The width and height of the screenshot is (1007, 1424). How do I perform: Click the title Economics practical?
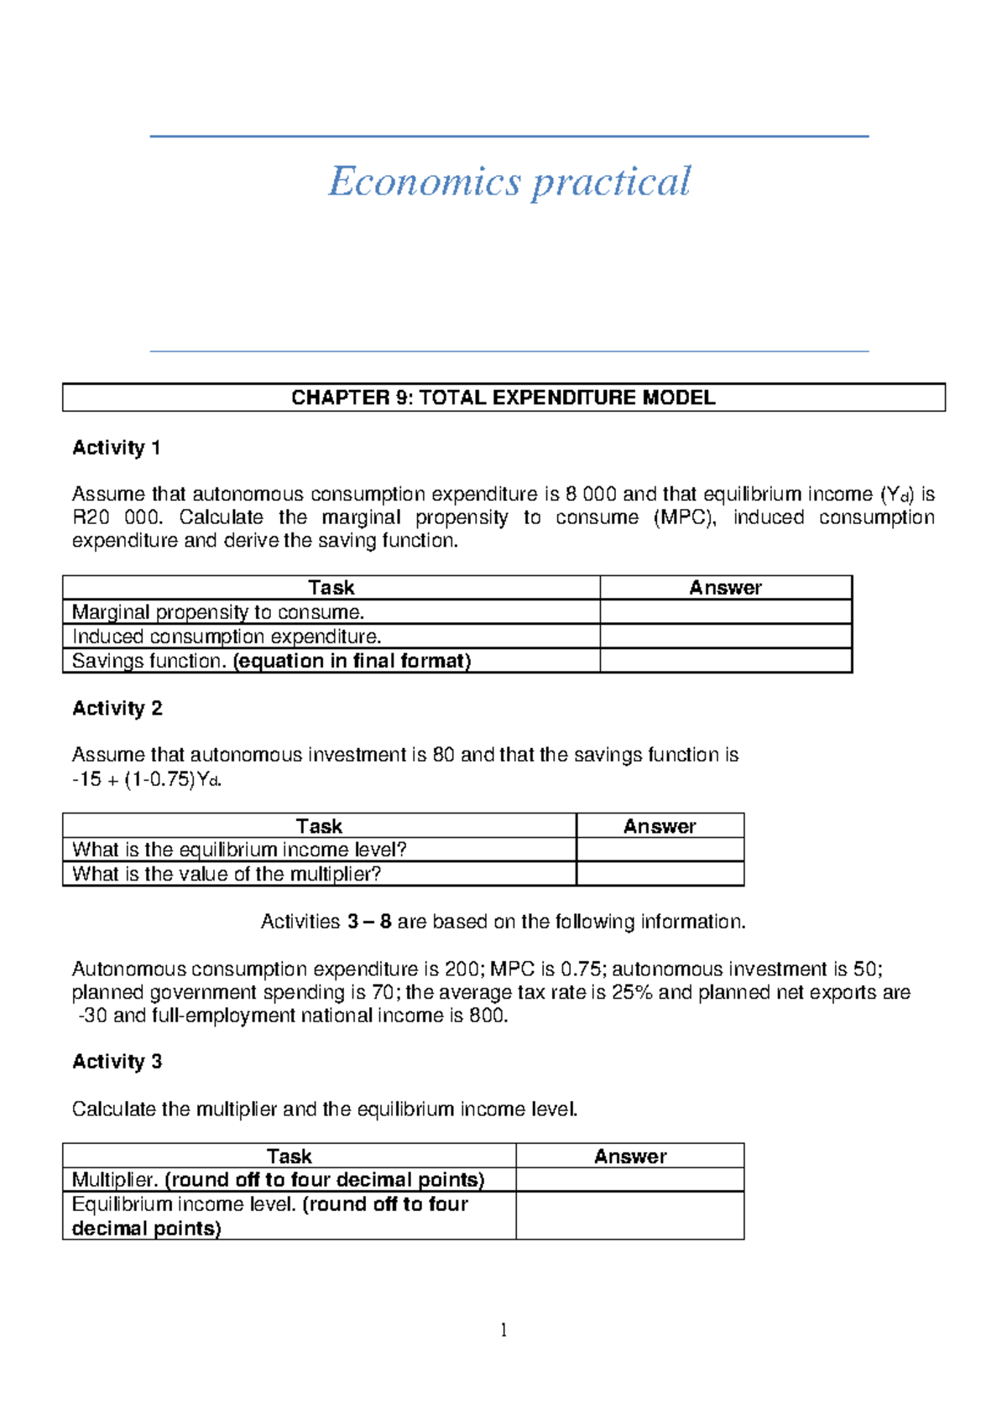509,182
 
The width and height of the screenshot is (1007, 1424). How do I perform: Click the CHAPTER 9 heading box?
503,398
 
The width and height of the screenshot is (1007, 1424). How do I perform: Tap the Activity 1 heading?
116,448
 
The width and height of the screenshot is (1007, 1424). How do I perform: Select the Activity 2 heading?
117,709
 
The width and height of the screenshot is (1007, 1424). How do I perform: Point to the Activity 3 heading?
117,1062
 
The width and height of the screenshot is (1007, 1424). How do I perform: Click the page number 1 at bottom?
503,1330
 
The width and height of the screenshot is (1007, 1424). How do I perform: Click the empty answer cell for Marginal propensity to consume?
725,612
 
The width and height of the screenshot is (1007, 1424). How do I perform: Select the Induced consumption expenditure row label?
227,637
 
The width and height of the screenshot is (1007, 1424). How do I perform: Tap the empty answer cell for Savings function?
725,661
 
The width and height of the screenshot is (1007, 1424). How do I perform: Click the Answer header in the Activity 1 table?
725,588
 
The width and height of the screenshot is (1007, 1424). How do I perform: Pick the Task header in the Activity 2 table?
319,826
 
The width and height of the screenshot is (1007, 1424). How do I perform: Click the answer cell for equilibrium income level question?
660,850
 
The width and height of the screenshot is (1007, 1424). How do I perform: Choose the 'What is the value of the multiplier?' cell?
227,874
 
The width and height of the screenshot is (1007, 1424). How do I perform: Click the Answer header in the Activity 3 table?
629,1156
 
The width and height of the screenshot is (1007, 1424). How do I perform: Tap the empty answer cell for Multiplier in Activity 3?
629,1180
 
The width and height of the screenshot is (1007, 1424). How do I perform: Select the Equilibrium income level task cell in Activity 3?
269,1216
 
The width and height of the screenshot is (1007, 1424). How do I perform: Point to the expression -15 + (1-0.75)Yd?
147,779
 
